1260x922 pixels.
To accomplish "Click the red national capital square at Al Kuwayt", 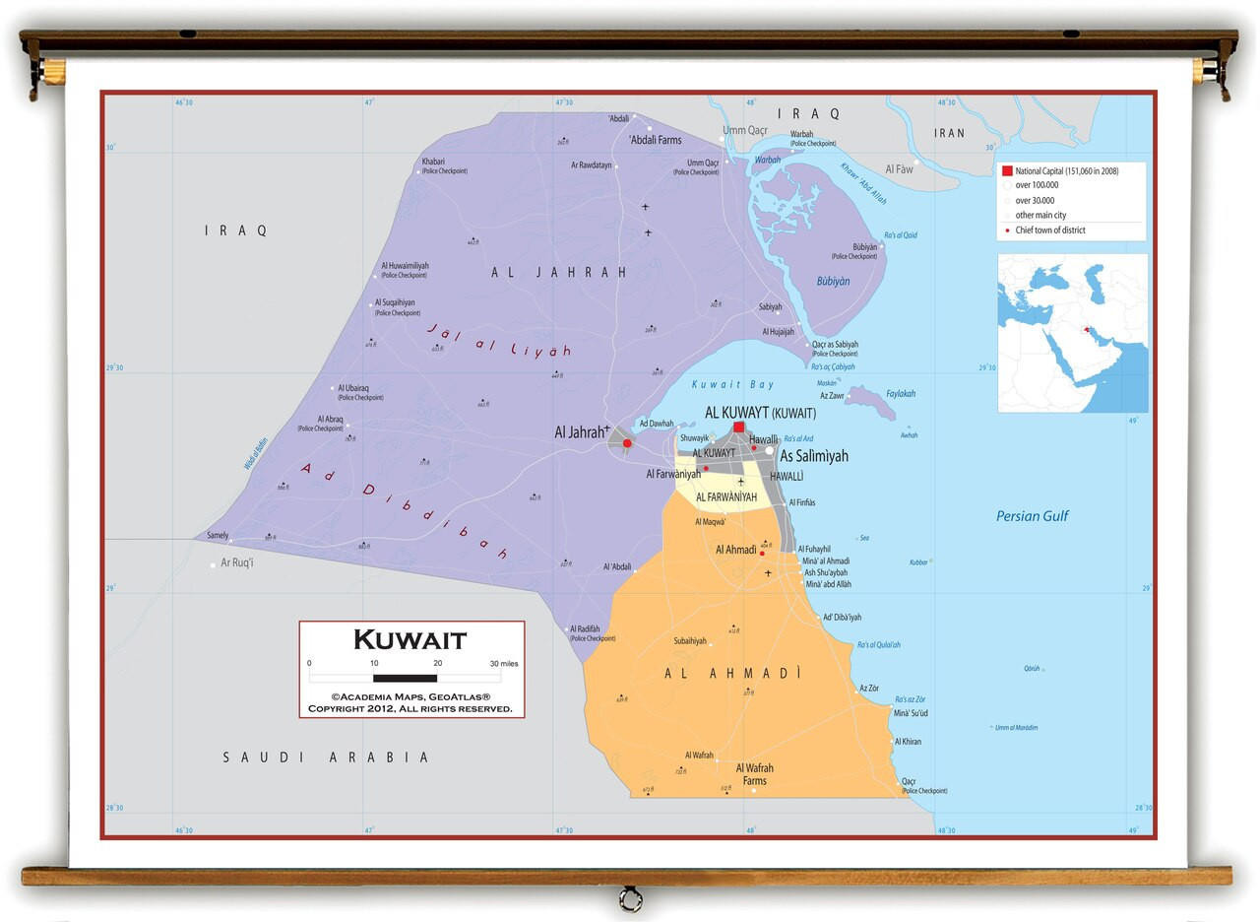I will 738,428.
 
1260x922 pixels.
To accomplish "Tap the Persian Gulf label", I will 1032,516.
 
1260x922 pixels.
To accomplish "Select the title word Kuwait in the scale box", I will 409,640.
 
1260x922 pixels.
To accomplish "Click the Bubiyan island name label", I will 833,281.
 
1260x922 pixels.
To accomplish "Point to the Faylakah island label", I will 900,394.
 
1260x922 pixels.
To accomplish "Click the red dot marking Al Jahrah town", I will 627,443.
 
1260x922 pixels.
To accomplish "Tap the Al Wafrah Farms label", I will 755,774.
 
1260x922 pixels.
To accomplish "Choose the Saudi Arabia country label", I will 326,757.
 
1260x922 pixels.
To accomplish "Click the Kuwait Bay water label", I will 732,384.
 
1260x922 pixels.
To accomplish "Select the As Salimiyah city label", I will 814,456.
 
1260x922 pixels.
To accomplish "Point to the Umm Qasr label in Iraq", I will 744,130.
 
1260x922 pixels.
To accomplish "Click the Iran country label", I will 950,133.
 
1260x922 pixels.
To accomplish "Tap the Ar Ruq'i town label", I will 236,563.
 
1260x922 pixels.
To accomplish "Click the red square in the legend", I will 1006,170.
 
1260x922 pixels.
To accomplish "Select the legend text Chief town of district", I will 1056,230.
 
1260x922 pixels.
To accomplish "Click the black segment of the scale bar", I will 405,678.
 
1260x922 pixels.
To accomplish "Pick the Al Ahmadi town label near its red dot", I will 735,550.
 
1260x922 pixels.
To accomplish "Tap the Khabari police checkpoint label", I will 433,162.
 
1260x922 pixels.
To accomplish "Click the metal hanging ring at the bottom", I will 630,898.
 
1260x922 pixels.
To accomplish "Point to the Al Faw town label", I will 899,169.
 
